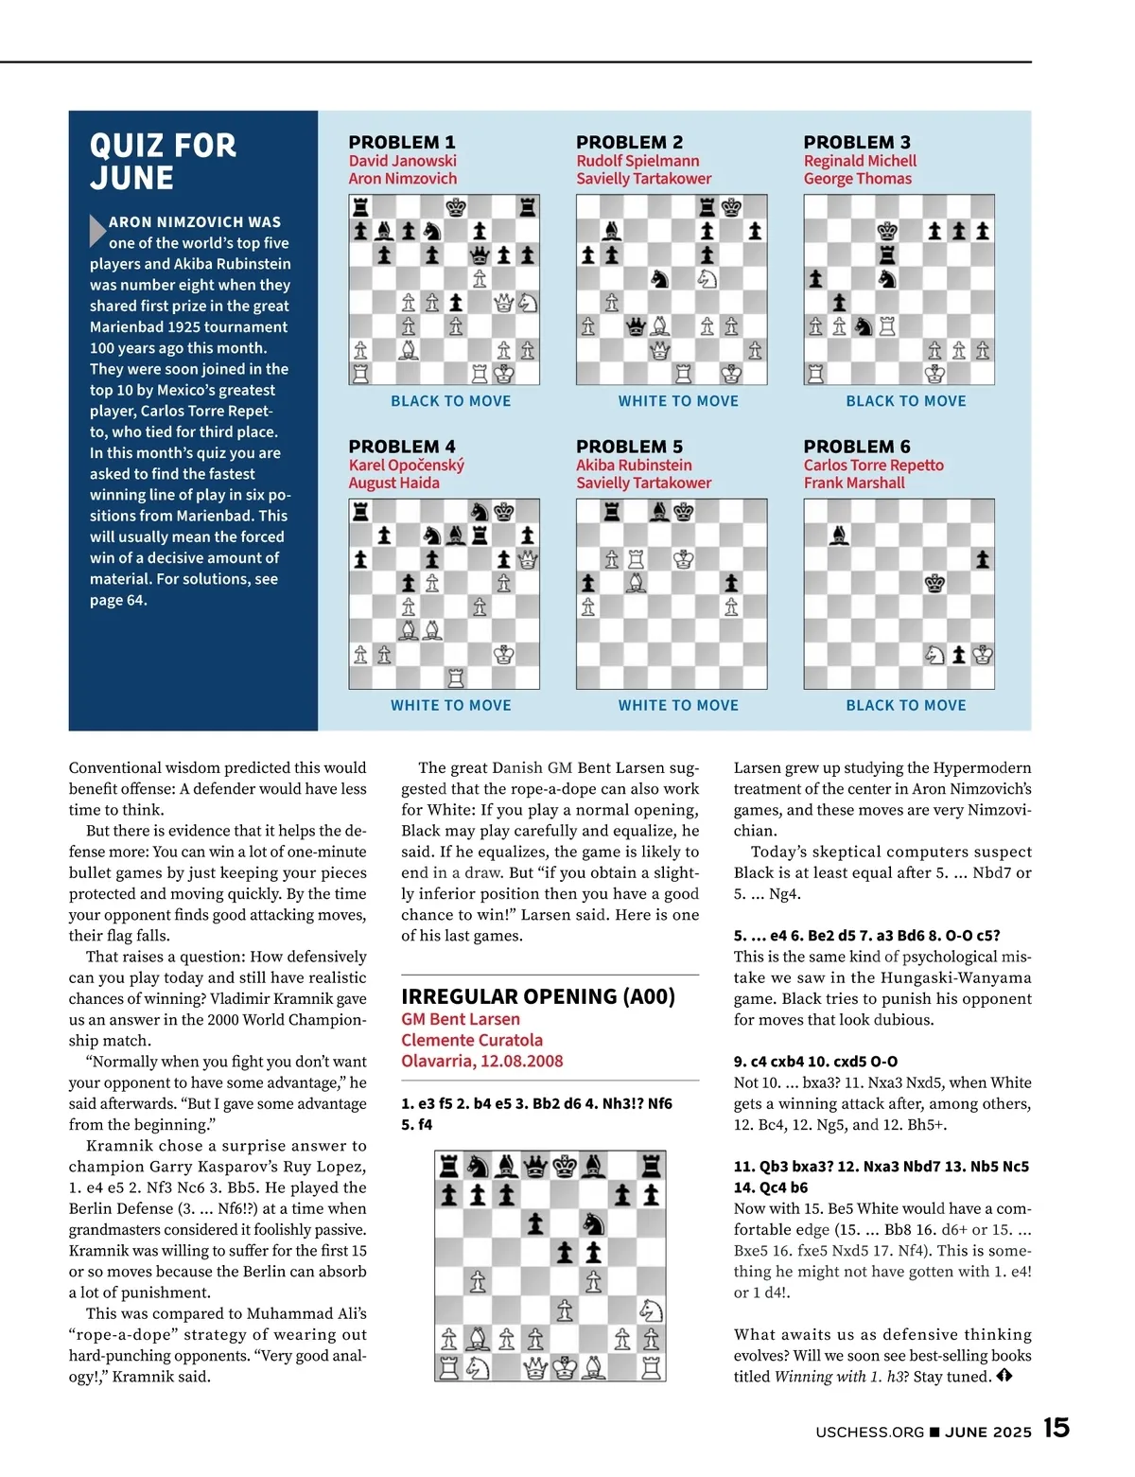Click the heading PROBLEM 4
pyautogui.click(x=402, y=447)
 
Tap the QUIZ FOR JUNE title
pyautogui.click(x=163, y=162)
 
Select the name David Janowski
pyautogui.click(x=402, y=161)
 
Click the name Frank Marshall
pyautogui.click(x=854, y=483)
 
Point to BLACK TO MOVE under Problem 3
pyautogui.click(x=906, y=401)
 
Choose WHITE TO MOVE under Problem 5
pyautogui.click(x=678, y=706)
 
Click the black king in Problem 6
pyautogui.click(x=934, y=583)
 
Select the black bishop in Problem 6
pyautogui.click(x=838, y=536)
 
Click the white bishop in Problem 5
pyautogui.click(x=637, y=583)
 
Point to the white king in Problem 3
pyautogui.click(x=934, y=374)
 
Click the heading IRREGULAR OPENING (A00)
pyautogui.click(x=538, y=996)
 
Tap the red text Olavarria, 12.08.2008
pyautogui.click(x=481, y=1061)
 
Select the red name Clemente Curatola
pyautogui.click(x=472, y=1040)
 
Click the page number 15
pyautogui.click(x=1056, y=1428)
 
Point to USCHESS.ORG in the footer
pyautogui.click(x=869, y=1433)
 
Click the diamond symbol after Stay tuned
pyautogui.click(x=1004, y=1376)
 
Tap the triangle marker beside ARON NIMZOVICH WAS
pyautogui.click(x=96, y=230)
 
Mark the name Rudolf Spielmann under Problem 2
pyautogui.click(x=637, y=161)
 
